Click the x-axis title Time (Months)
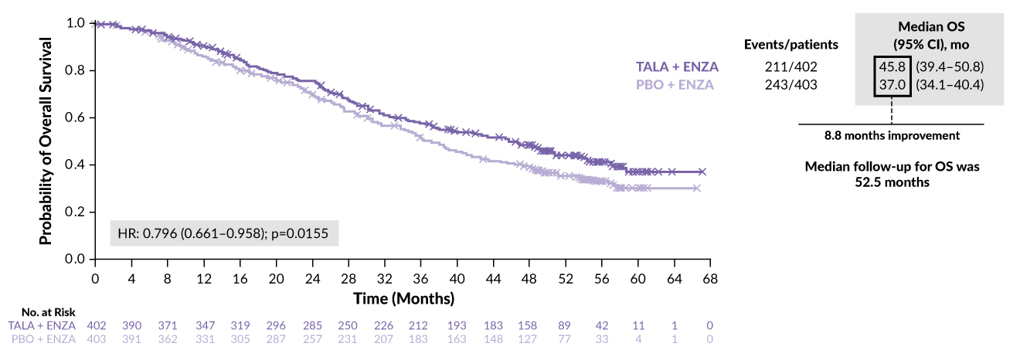(403, 297)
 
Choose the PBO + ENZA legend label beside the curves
(675, 84)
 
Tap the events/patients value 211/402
(790, 67)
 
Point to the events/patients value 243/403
(790, 84)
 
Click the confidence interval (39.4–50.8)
(949, 67)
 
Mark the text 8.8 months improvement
(891, 135)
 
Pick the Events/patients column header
(790, 44)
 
